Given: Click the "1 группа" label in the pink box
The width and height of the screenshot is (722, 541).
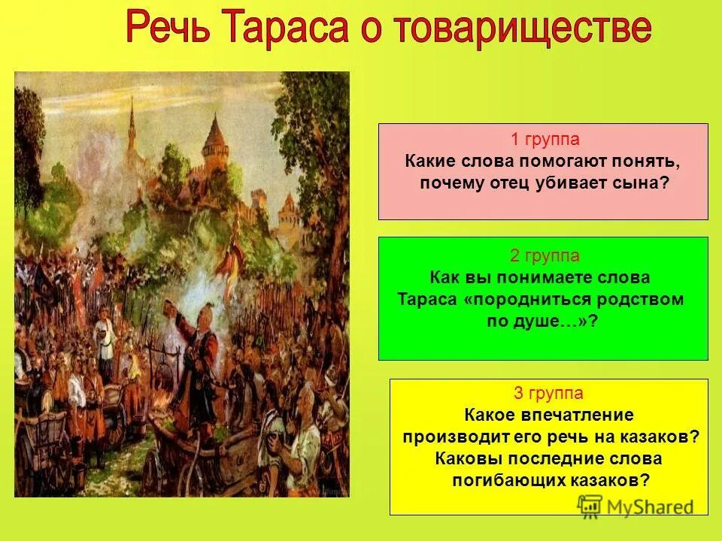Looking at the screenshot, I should [x=544, y=140].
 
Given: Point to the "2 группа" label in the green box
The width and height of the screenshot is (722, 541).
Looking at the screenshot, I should [x=544, y=255].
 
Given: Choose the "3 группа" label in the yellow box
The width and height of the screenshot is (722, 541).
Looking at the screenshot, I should [x=548, y=393].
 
